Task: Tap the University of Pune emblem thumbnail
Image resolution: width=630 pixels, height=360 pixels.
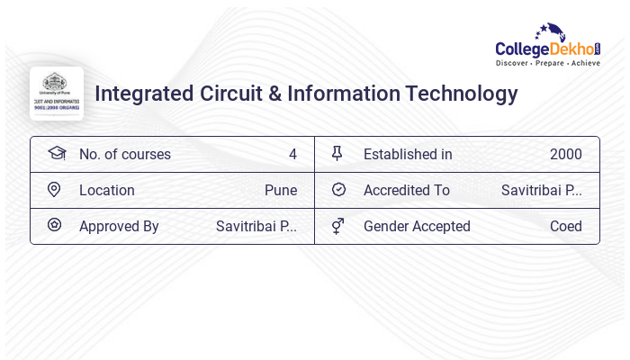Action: tap(56, 93)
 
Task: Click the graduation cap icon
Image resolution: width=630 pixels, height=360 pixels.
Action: tap(56, 154)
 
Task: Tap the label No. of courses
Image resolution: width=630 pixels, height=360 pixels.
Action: tap(125, 155)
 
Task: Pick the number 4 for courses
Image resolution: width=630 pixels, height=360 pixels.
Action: tap(292, 155)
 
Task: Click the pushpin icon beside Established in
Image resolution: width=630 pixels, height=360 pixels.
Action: tap(337, 154)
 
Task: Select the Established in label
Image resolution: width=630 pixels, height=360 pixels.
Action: tap(408, 155)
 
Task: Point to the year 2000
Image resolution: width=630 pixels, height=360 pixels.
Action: tap(566, 155)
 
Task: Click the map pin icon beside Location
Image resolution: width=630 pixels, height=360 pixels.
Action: tap(54, 190)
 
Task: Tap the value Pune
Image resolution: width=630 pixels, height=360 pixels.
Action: tap(281, 191)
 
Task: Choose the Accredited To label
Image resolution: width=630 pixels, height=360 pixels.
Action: tap(407, 191)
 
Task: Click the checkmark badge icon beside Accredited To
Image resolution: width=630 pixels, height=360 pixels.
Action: tap(338, 190)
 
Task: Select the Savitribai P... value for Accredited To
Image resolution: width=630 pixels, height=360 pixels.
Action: tap(542, 191)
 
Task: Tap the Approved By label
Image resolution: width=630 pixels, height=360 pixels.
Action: tap(119, 227)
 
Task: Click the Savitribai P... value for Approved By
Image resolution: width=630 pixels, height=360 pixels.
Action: tap(256, 227)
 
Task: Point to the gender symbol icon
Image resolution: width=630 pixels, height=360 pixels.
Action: tap(337, 226)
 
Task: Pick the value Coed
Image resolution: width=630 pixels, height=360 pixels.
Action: tap(566, 227)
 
